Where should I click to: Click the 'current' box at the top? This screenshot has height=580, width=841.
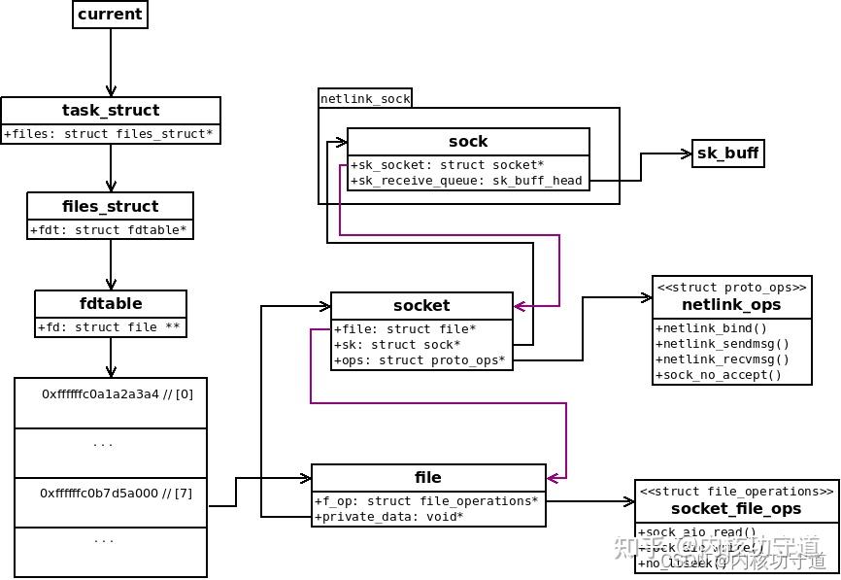(x=110, y=15)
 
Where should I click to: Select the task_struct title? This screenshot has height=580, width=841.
(x=111, y=110)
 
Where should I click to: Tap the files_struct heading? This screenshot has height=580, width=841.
(x=110, y=206)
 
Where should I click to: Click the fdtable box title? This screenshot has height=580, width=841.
(x=110, y=303)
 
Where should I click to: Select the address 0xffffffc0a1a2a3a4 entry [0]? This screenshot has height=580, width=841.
(x=118, y=394)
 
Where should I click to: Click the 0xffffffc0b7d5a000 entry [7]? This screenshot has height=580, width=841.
(x=116, y=494)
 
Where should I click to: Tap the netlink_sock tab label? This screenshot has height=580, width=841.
(x=365, y=98)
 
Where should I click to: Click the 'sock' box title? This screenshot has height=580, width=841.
(x=468, y=142)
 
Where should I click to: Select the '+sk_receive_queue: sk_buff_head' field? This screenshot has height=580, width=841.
(x=466, y=181)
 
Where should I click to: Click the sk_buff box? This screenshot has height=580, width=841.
(x=727, y=154)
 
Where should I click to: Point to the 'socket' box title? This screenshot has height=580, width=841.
(x=421, y=305)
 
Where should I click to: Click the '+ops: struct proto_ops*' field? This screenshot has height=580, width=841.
(x=420, y=360)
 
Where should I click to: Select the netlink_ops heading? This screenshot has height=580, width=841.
(x=731, y=305)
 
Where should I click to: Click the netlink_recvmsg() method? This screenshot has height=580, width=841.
(x=723, y=359)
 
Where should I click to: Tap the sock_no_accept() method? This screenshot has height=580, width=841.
(x=719, y=375)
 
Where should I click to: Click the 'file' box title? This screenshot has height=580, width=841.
(x=427, y=478)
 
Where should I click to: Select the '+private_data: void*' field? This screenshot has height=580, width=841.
(x=388, y=517)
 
